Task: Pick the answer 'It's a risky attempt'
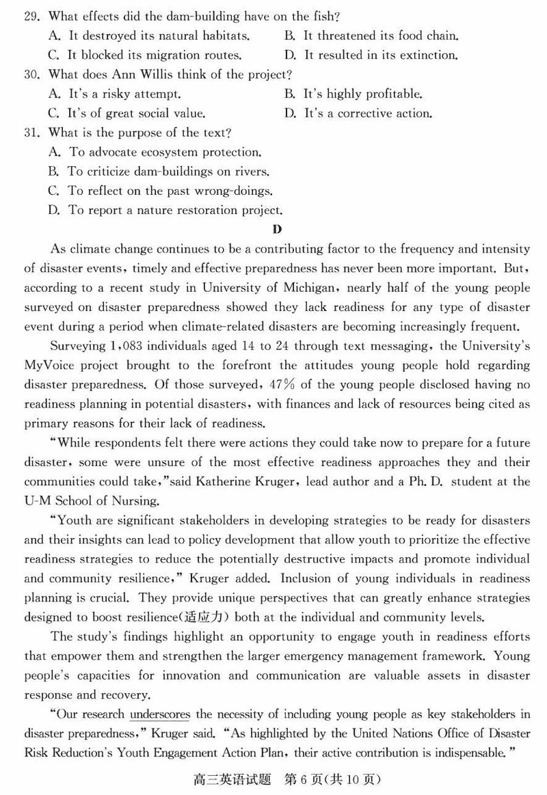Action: tap(123, 94)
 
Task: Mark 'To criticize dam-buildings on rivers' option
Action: tap(168, 172)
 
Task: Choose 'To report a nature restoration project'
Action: tap(174, 211)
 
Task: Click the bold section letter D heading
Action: tap(277, 229)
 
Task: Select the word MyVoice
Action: tap(49, 366)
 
